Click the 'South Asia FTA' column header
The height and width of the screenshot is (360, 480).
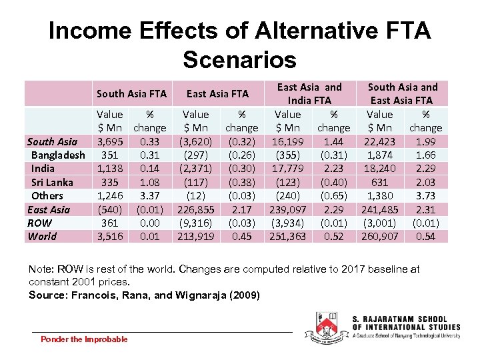pos(131,94)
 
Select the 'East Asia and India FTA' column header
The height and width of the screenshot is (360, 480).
pos(309,93)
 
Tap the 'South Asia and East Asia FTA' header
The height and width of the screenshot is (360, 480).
pos(403,93)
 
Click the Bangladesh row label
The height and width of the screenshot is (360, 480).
pos(58,155)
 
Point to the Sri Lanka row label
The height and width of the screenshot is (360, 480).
pos(53,182)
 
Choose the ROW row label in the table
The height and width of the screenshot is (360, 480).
pos(39,223)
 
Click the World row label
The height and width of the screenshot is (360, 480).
pos(42,236)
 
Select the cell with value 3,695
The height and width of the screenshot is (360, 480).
pos(109,141)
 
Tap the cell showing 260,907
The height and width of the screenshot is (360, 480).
pos(379,236)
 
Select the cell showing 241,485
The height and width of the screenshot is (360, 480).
pos(379,209)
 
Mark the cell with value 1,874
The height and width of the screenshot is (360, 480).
pos(379,155)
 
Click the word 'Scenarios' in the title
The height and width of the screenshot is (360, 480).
pos(239,60)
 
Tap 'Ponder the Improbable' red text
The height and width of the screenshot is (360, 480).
pos(84,339)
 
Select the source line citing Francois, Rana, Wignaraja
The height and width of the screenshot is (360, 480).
pos(144,295)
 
